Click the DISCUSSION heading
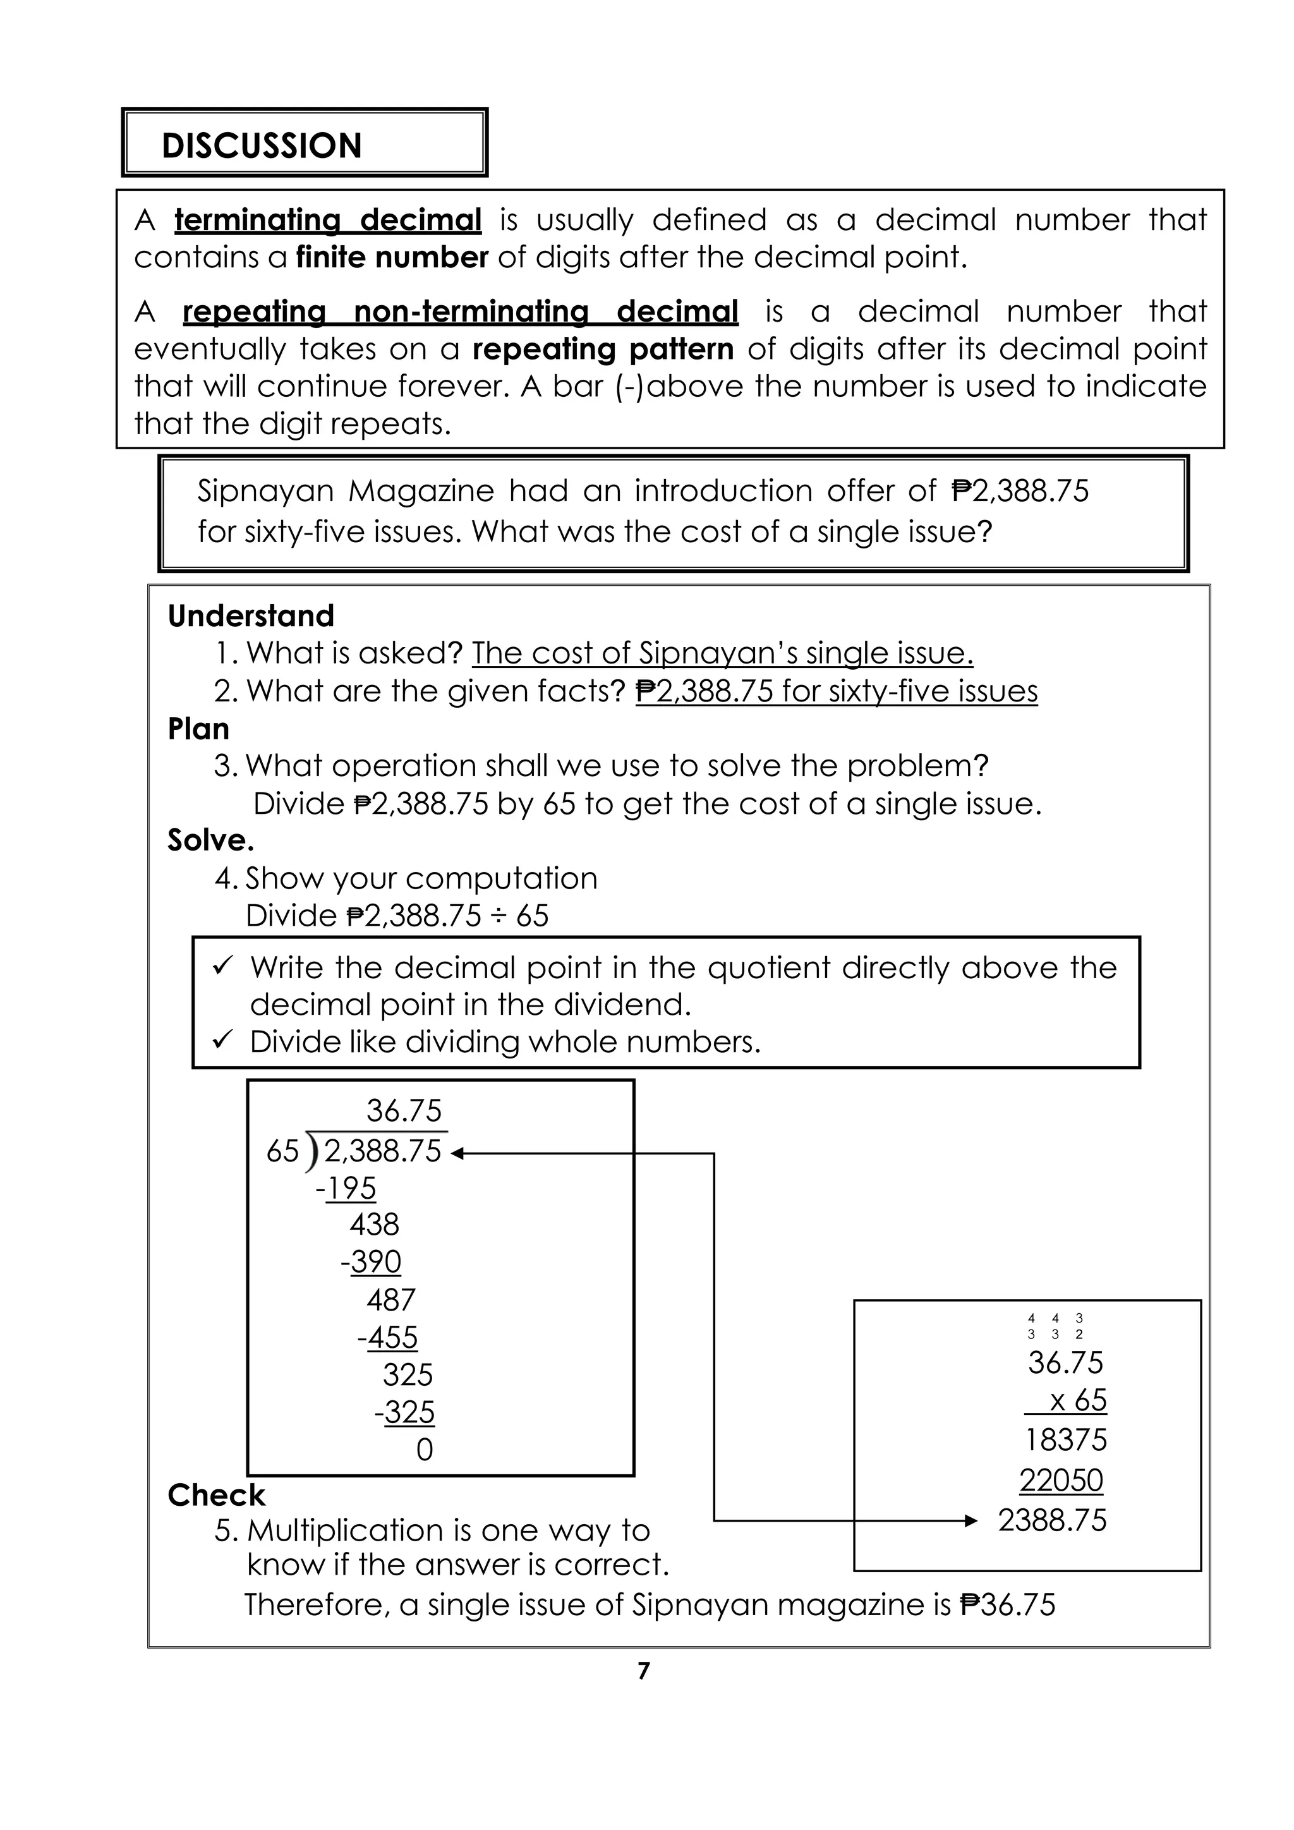coord(262,146)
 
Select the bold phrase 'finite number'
coord(391,257)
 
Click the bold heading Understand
coord(250,615)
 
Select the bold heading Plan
coord(198,729)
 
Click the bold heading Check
coord(216,1495)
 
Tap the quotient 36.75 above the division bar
coord(403,1110)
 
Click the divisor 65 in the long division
coord(282,1151)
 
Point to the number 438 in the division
coord(373,1224)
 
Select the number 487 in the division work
coord(390,1300)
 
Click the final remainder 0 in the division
coord(424,1450)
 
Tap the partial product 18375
coord(1065,1440)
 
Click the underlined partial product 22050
coord(1061,1480)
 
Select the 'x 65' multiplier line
coord(1077,1400)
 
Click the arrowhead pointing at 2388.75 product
coord(970,1521)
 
